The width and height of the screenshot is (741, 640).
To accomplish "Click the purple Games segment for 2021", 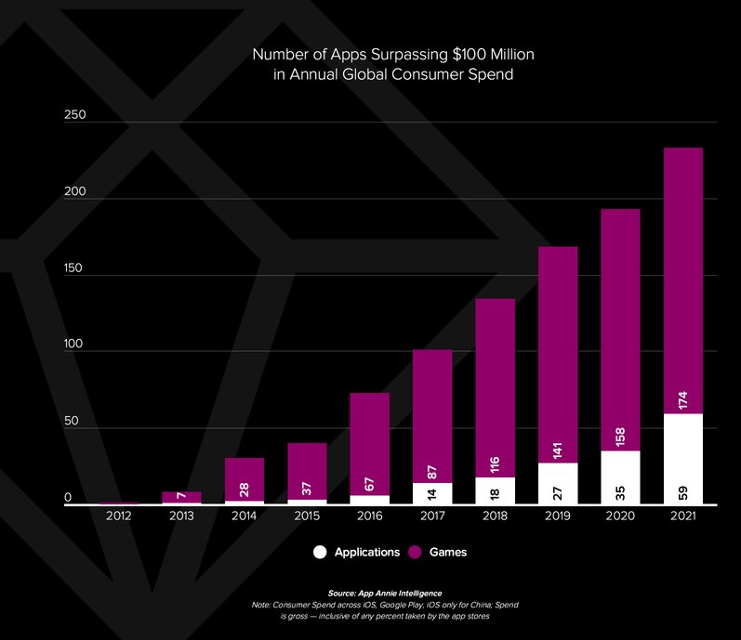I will (683, 279).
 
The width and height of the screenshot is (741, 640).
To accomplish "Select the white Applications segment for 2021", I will (683, 459).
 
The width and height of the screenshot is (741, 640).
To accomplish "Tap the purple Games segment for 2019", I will (558, 353).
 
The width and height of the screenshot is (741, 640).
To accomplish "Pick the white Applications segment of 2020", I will (620, 477).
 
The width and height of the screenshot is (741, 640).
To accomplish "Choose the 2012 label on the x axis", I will (119, 516).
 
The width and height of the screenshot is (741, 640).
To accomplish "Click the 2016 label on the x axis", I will (370, 516).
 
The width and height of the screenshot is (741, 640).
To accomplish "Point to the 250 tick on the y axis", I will (74, 116).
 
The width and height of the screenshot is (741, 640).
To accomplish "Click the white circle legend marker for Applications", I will (320, 552).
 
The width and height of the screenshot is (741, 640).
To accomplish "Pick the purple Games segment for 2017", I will (432, 409).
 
